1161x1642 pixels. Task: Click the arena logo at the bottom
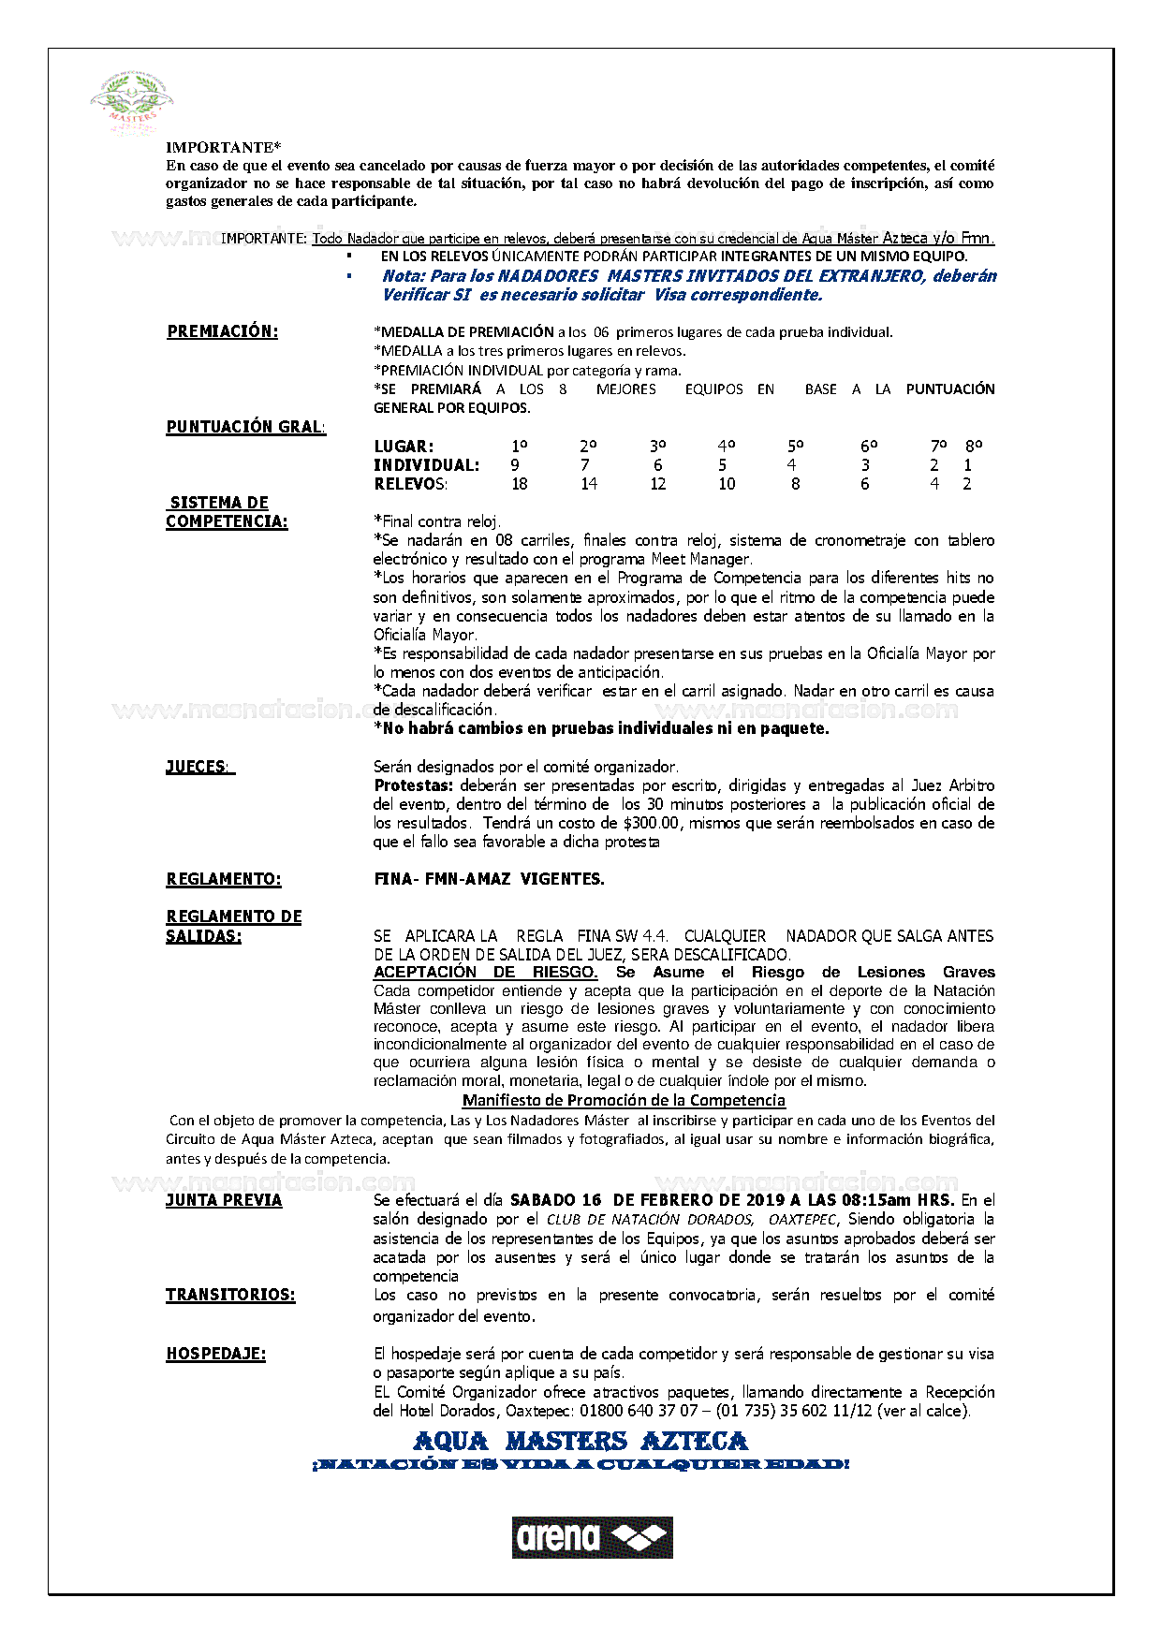click(x=592, y=1537)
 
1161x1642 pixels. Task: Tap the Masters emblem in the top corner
click(x=132, y=103)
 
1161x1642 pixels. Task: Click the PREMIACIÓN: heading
click(x=222, y=331)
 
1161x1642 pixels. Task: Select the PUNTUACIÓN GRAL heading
click(x=245, y=427)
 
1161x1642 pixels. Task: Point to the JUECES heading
click(x=198, y=767)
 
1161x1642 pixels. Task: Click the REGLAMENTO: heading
click(x=223, y=879)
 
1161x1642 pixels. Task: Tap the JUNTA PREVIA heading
click(x=224, y=1200)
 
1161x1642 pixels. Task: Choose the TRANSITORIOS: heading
click(x=230, y=1295)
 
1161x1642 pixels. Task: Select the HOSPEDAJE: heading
click(x=215, y=1354)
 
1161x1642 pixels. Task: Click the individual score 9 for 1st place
click(x=515, y=465)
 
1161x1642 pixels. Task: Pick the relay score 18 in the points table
click(x=520, y=484)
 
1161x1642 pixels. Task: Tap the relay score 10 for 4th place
click(x=727, y=484)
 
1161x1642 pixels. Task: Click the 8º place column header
click(x=974, y=447)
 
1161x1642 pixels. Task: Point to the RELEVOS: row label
click(x=410, y=484)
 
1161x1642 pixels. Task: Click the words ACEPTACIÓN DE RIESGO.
click(x=485, y=972)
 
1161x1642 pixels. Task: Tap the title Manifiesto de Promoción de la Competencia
click(x=624, y=1101)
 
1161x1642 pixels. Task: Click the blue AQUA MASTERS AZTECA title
click(x=580, y=1441)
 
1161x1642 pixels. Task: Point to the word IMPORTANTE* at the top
click(x=223, y=147)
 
